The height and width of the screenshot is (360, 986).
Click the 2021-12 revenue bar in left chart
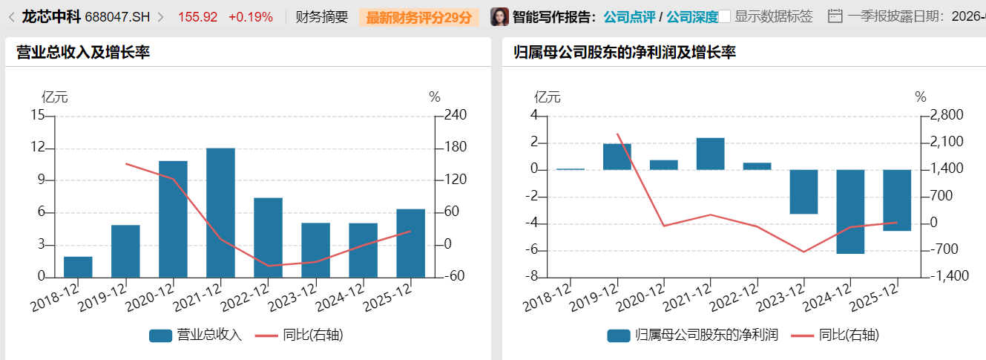(x=220, y=212)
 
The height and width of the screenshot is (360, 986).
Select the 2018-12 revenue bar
(x=78, y=267)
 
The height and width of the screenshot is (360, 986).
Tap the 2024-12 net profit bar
(x=850, y=212)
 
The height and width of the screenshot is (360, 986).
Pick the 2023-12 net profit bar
(x=803, y=192)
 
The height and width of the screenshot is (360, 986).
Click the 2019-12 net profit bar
(x=617, y=157)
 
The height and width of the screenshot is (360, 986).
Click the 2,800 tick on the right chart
(x=945, y=116)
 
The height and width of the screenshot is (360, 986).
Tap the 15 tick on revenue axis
(x=38, y=116)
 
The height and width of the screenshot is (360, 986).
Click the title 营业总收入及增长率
(x=83, y=52)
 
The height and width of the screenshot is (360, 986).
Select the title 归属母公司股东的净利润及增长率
(x=625, y=52)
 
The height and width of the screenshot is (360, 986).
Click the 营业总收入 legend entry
(x=196, y=335)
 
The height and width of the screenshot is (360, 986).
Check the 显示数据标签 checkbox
(x=725, y=16)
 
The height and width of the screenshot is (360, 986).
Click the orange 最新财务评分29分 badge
(x=418, y=16)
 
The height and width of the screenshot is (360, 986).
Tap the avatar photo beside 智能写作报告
(x=500, y=16)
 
